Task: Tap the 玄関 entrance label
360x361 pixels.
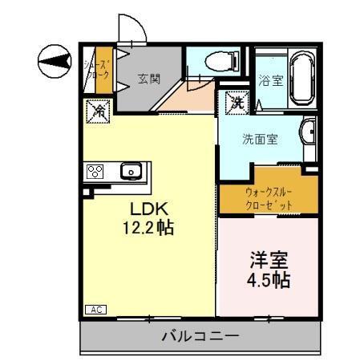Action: tap(148, 78)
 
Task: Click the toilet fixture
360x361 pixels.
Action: tap(220, 59)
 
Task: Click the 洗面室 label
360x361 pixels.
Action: tap(260, 138)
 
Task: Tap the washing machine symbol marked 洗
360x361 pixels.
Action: tap(237, 102)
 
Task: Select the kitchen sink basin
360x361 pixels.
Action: tap(131, 171)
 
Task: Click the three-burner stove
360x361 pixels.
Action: tap(96, 171)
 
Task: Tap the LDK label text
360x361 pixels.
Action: tap(148, 208)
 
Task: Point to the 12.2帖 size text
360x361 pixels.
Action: tap(148, 228)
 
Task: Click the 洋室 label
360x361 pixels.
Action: tap(269, 261)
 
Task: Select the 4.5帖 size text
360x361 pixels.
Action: tap(269, 281)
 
